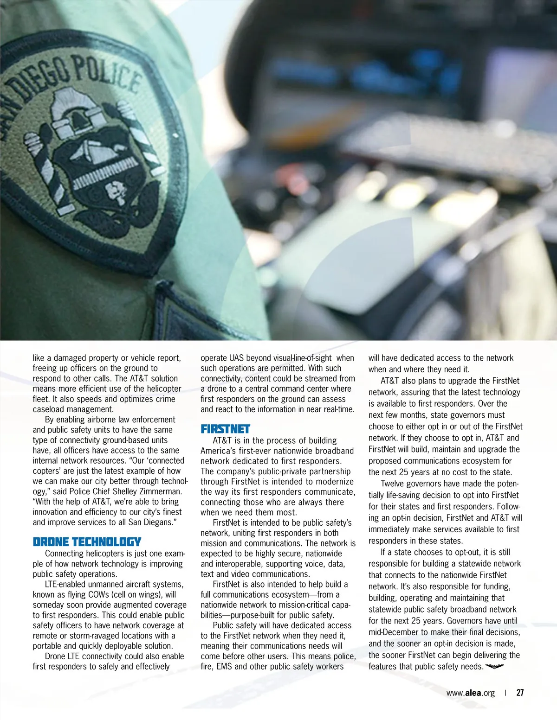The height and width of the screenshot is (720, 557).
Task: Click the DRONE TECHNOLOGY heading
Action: pos(87,542)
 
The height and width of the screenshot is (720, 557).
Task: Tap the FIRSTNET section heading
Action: pos(225,429)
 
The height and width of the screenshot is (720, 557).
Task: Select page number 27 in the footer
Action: pos(520,693)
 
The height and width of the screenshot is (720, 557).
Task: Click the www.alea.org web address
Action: pos(470,693)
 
